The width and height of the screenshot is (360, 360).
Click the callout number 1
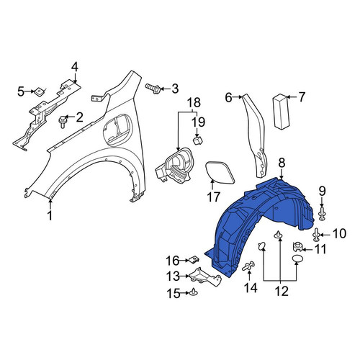(x=50, y=215)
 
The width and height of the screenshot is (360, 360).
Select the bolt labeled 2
(x=63, y=122)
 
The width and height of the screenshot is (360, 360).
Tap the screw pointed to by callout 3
(x=153, y=89)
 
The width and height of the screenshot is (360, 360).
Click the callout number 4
(x=75, y=68)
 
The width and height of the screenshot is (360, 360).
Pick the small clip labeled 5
(x=39, y=92)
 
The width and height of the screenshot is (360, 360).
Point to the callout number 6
(x=228, y=97)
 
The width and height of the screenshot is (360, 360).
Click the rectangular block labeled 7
(x=281, y=112)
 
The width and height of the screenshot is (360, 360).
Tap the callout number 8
(x=282, y=163)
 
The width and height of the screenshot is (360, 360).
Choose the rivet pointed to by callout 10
(x=317, y=235)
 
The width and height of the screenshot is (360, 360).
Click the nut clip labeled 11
(x=297, y=246)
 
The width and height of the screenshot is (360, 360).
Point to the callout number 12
(x=282, y=292)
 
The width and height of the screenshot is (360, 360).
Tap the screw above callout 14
(x=248, y=266)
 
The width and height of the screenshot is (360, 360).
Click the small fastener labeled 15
(x=194, y=292)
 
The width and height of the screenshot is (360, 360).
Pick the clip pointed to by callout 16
(x=194, y=260)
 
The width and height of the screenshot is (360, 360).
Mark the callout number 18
(x=194, y=102)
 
